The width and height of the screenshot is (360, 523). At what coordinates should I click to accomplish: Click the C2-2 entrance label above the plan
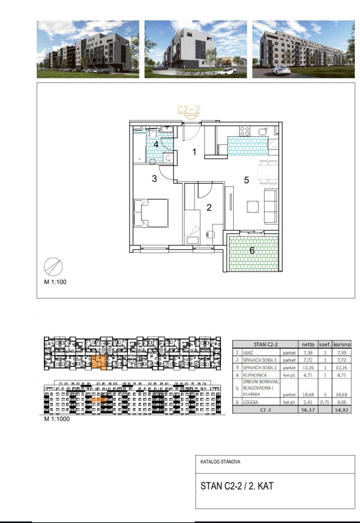pos(189,109)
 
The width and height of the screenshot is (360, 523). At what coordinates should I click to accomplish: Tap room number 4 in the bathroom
pos(156,144)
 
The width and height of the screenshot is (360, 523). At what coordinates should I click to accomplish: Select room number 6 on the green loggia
pos(252,250)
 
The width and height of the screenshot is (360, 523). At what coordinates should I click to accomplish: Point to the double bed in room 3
pos(151,213)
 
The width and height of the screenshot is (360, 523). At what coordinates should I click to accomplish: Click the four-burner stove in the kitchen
pos(245,131)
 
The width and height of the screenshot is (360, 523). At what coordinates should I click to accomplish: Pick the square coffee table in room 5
pos(253,207)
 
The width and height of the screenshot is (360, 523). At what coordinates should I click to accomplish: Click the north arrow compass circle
pos(53,267)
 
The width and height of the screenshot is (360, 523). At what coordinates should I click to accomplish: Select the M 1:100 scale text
pos(55,282)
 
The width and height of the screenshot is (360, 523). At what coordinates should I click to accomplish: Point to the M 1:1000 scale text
pos(57,419)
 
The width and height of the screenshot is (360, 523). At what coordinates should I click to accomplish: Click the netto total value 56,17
pos(308,410)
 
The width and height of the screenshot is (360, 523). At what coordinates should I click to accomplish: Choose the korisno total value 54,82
pos(342,410)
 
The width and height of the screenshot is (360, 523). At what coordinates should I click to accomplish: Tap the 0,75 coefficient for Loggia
pos(325,402)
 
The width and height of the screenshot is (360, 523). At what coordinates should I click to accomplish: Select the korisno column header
pos(342,344)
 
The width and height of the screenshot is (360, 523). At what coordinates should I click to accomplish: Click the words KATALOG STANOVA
pos(220,462)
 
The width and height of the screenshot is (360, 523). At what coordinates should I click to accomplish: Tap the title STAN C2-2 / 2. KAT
pos(237,486)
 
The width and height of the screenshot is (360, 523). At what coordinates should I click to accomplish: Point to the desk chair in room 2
pos(210,234)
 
